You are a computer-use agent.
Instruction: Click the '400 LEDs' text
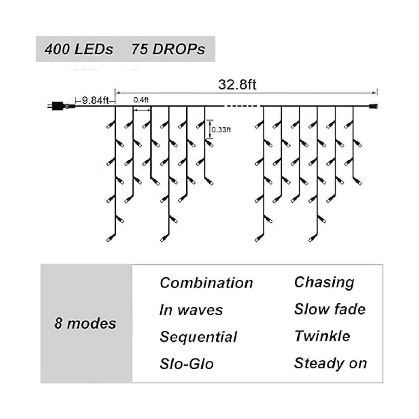(79, 49)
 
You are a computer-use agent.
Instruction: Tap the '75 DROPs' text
(168, 49)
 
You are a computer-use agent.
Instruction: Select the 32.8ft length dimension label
(237, 84)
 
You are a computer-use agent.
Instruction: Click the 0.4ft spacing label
(141, 100)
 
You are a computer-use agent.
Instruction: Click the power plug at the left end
(56, 105)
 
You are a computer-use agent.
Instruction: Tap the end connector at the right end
(374, 105)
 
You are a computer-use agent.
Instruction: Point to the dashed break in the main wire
(242, 106)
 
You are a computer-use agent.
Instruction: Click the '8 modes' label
(85, 323)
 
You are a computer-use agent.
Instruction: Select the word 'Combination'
(206, 283)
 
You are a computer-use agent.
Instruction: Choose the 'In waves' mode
(191, 310)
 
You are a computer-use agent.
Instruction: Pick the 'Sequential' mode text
(198, 337)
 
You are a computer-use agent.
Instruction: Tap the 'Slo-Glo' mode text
(186, 364)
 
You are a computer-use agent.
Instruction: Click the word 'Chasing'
(324, 282)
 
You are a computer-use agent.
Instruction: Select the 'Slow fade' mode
(330, 309)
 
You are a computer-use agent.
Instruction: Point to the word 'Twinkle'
(322, 336)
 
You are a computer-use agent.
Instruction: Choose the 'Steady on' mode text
(330, 363)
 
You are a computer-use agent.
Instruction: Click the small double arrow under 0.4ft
(142, 110)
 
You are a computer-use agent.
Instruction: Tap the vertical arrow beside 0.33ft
(210, 129)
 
